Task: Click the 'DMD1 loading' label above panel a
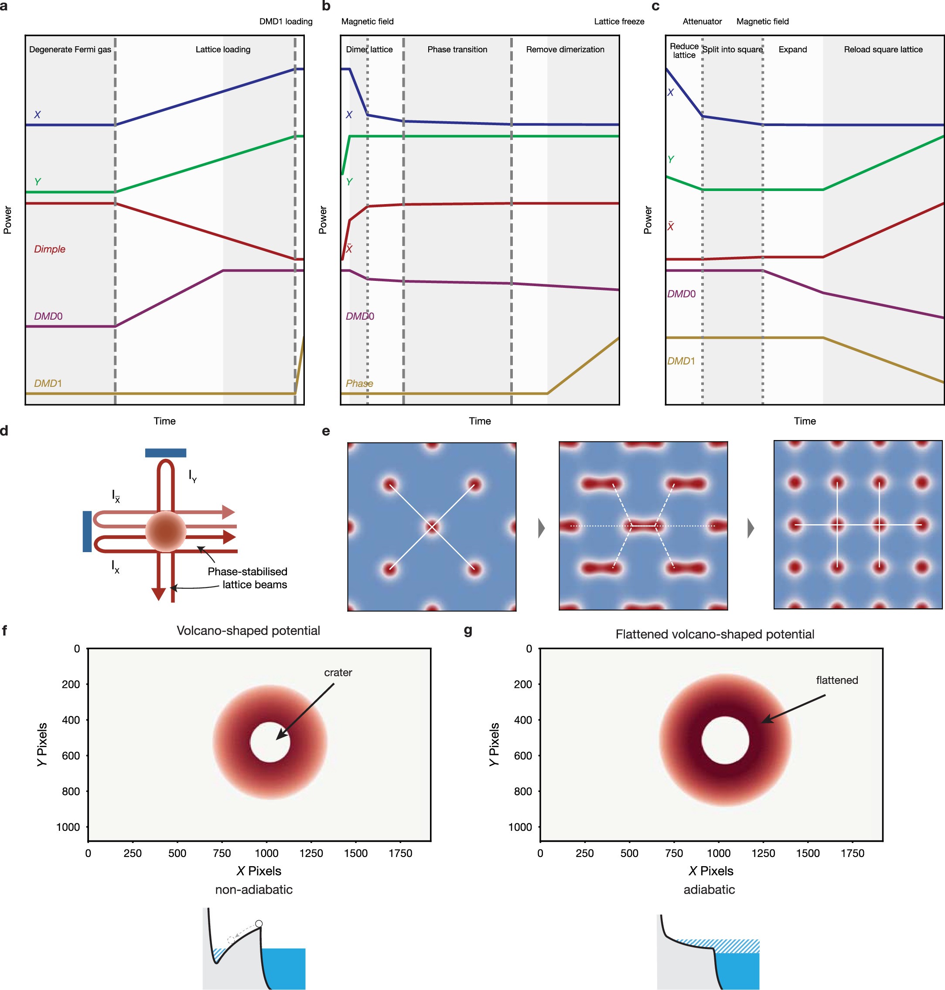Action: pos(286,21)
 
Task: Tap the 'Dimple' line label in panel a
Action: pos(49,249)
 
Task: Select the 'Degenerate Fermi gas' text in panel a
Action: pos(70,49)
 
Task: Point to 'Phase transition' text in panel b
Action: pos(457,49)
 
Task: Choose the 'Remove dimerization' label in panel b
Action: pos(565,49)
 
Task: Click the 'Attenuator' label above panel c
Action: pos(702,21)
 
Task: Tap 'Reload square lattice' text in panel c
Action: pos(883,49)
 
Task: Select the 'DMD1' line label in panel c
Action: pos(681,361)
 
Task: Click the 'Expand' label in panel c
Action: pos(792,49)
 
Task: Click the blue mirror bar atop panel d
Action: pos(165,452)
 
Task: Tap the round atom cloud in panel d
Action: pos(165,531)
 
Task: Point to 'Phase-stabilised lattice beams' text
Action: pos(248,578)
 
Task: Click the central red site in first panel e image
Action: pos(432,526)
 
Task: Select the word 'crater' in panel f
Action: pos(338,672)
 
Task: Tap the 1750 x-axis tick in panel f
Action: pos(400,853)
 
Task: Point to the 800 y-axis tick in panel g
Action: pos(522,791)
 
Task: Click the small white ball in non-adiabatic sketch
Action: pos(259,924)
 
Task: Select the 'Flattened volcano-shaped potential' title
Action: pos(714,634)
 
